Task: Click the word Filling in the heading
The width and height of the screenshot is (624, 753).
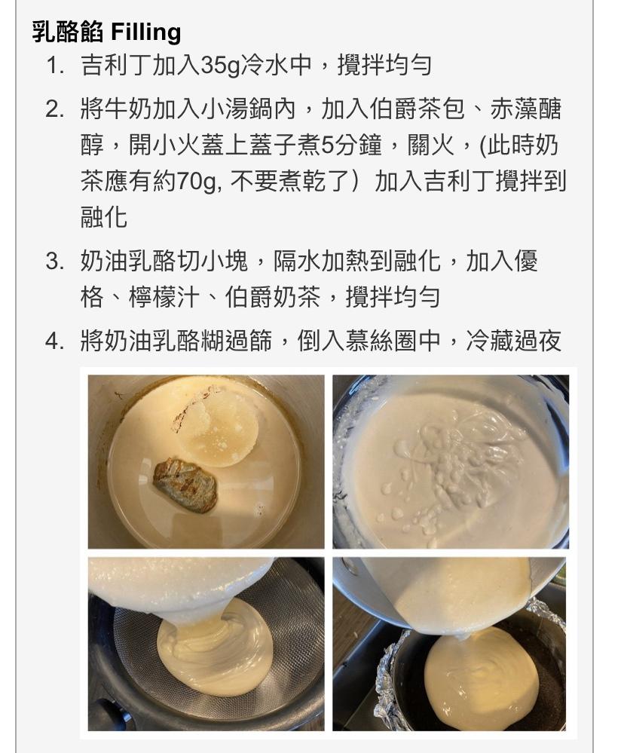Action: [146, 32]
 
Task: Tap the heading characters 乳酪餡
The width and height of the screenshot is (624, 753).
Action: [68, 32]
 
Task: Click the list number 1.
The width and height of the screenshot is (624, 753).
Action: [56, 66]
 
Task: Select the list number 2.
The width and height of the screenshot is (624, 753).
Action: [55, 109]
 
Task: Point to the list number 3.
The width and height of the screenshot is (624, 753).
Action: [55, 262]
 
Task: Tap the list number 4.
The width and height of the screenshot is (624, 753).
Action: [55, 341]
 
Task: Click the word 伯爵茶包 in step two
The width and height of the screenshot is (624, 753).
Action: [417, 109]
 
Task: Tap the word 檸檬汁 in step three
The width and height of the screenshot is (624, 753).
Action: [164, 297]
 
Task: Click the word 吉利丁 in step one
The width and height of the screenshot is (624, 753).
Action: [115, 66]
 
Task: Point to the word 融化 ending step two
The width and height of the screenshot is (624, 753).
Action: [104, 217]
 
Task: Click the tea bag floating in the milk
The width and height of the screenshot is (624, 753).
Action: [185, 485]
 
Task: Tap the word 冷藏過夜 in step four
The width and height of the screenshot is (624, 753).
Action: [514, 341]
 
